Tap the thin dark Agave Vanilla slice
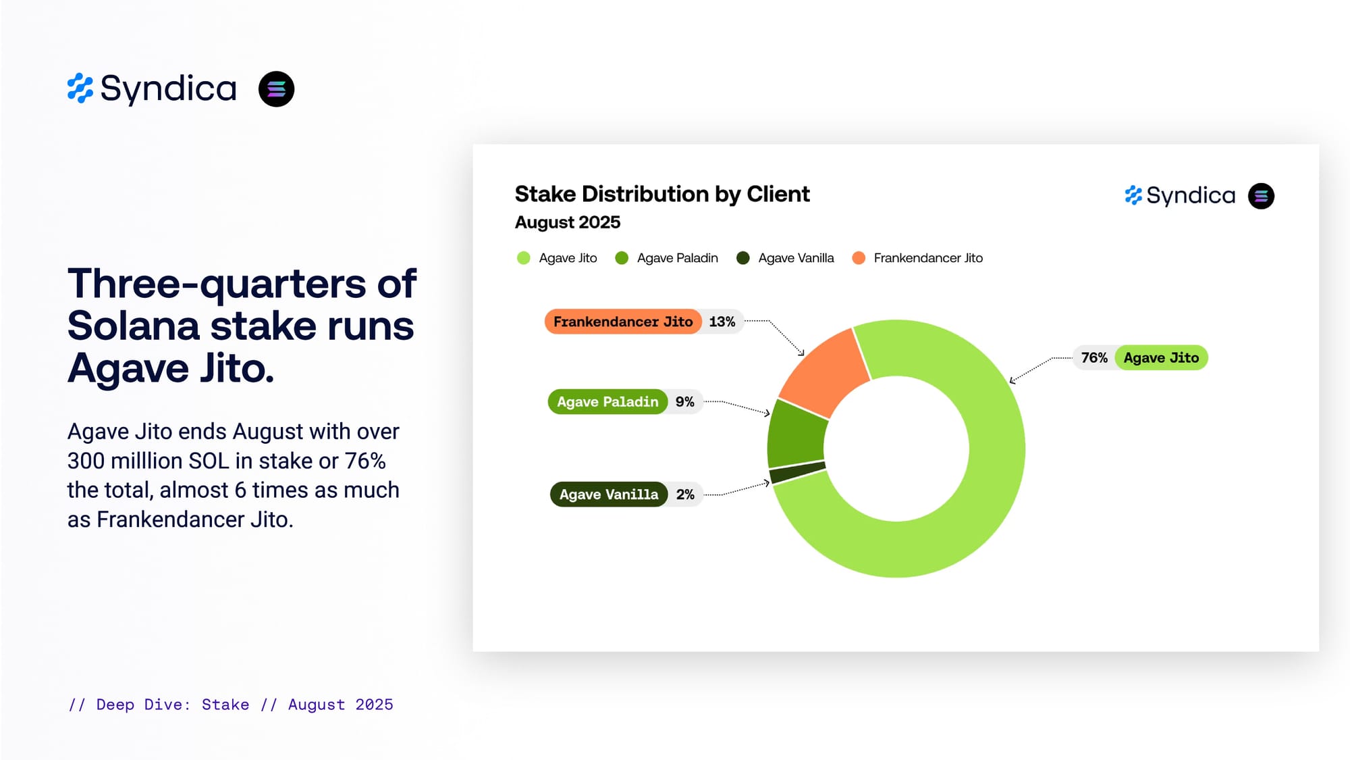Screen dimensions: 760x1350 (x=798, y=472)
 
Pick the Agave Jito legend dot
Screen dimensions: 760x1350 (x=523, y=258)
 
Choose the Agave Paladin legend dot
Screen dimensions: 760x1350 (x=622, y=258)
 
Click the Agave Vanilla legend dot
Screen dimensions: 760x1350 (x=742, y=258)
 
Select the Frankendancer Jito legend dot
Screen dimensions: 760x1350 (x=859, y=258)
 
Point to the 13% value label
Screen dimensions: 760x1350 (x=722, y=322)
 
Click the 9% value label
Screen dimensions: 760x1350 (x=684, y=402)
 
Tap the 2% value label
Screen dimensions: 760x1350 (x=685, y=495)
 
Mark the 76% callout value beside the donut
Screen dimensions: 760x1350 (x=1094, y=358)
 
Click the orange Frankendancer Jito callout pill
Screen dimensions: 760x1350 (x=622, y=322)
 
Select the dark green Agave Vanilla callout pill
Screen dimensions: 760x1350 (x=608, y=495)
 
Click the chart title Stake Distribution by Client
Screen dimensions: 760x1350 (x=661, y=195)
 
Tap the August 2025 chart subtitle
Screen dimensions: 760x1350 (x=567, y=222)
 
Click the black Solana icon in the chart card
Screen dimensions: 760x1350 (x=1261, y=196)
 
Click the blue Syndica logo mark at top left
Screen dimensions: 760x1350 (x=80, y=88)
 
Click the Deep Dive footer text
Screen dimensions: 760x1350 (x=230, y=705)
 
